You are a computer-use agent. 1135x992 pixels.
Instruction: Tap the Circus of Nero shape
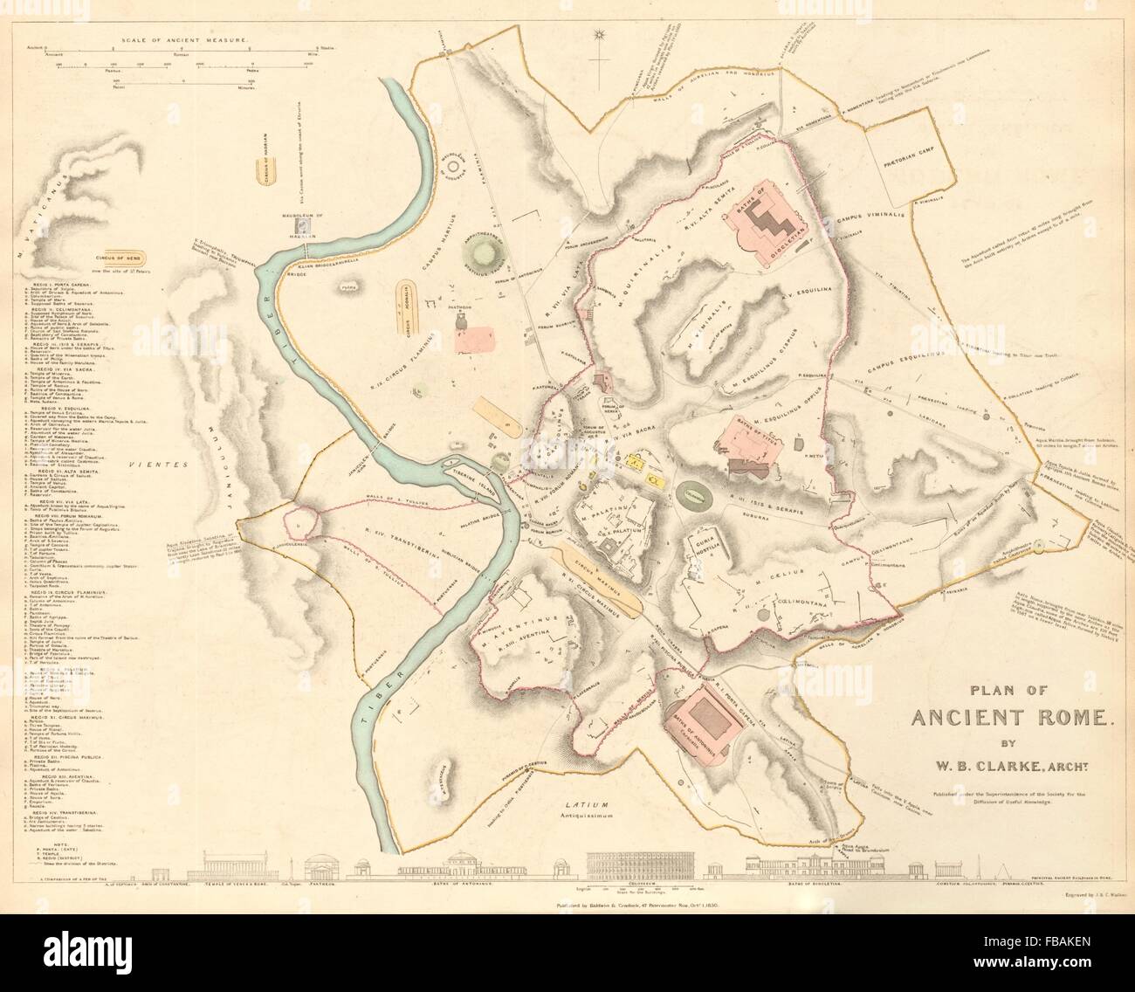pyautogui.click(x=129, y=259)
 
